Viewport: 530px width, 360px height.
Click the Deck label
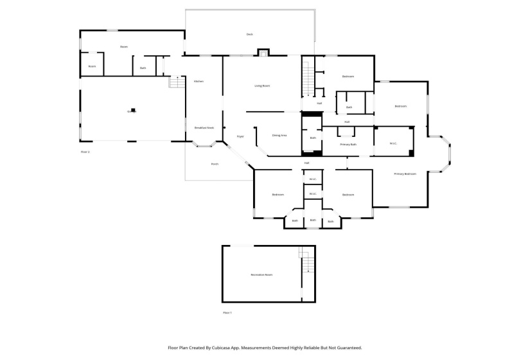[x=249, y=34]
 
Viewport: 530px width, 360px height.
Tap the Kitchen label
[x=199, y=81]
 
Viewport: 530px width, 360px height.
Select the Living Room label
[x=262, y=85]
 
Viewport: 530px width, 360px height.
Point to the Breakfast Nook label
[x=204, y=128]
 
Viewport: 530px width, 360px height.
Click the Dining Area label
[x=279, y=135]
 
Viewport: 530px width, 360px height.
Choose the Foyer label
[x=240, y=136]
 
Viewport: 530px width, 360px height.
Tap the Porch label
[x=215, y=164]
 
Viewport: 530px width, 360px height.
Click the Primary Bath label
[x=348, y=145]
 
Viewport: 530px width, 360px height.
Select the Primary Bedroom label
[x=405, y=174]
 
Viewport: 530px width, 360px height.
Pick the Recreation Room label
[x=261, y=274]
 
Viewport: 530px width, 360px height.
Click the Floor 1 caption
[x=227, y=312]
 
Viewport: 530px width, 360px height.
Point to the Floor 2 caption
[x=85, y=152]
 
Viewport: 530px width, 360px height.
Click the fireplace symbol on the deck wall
[x=262, y=53]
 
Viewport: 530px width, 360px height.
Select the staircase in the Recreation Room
[x=307, y=262]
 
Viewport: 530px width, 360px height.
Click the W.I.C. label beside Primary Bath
[x=393, y=143]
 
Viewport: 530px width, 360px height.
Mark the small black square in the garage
[x=134, y=110]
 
